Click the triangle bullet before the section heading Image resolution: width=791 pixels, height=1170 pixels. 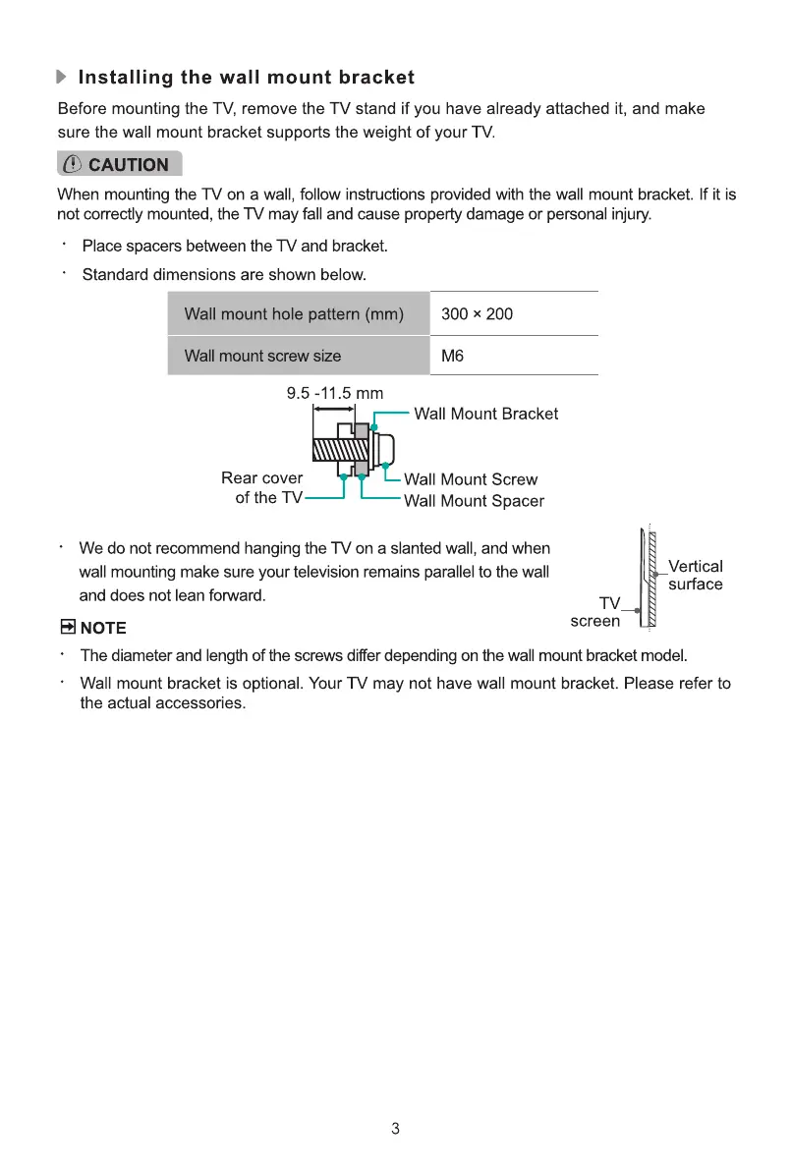coord(63,78)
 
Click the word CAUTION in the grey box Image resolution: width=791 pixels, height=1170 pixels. coord(129,165)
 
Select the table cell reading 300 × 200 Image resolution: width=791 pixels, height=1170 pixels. coord(478,314)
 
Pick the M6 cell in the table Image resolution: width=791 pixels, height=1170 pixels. coord(453,356)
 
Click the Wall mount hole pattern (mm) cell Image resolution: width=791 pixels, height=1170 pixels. coord(294,314)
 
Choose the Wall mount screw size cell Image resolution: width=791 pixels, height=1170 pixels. coord(262,356)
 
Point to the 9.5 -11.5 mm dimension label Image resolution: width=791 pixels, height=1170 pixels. coord(334,394)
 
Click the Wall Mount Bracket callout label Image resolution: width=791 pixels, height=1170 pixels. coord(485,414)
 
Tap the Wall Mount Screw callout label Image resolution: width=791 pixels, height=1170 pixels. coord(471,479)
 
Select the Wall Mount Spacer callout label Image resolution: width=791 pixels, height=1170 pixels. coord(474,501)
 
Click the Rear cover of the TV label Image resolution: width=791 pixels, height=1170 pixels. coord(262,488)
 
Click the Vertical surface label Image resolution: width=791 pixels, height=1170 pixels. coord(695,576)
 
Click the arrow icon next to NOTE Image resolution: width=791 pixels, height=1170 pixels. coord(67,628)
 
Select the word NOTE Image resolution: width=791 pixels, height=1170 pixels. coord(103,628)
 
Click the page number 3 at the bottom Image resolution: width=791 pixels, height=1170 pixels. coord(395,1129)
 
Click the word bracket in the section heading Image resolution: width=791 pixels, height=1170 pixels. coord(377,78)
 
